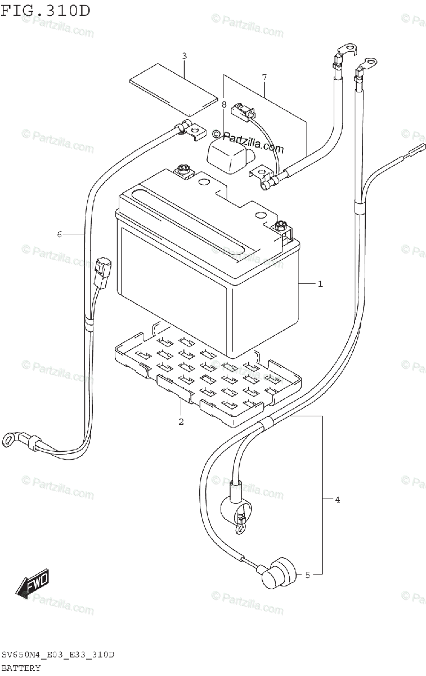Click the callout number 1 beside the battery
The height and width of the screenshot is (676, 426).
(x=320, y=284)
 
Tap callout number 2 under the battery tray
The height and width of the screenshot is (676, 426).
(x=181, y=421)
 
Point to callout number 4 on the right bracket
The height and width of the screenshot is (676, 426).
(x=337, y=499)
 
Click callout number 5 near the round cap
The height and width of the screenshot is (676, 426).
(x=308, y=575)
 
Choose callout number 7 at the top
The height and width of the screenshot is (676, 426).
(x=263, y=75)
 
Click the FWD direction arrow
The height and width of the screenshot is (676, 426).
(x=33, y=584)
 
